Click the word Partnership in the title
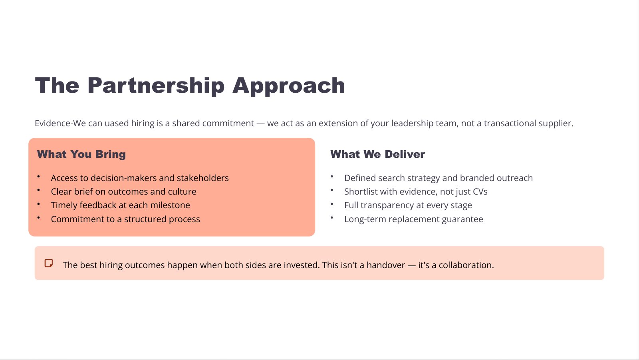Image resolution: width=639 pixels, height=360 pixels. [x=156, y=86]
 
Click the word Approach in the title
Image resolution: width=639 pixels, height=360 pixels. [x=289, y=86]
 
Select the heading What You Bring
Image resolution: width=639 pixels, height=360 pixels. [x=81, y=154]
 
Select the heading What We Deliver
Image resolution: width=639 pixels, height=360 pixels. [x=377, y=154]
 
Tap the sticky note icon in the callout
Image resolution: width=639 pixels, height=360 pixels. [x=49, y=263]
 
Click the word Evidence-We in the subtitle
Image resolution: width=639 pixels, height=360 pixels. [x=60, y=123]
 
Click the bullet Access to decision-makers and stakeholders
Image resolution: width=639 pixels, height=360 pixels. [x=140, y=178]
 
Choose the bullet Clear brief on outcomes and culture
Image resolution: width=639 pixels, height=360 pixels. [x=123, y=191]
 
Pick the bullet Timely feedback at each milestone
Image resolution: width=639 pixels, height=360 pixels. [x=120, y=205]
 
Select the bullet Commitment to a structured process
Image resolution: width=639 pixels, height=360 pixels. [x=125, y=219]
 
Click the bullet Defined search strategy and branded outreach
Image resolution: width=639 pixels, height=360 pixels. [x=439, y=178]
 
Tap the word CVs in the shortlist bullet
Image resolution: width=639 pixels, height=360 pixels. [x=480, y=191]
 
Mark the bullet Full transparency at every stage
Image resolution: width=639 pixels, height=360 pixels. [x=408, y=205]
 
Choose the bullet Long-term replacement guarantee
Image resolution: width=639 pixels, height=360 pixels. [x=414, y=219]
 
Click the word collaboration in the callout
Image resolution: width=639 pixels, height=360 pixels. [x=466, y=265]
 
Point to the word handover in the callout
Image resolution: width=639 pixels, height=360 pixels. [x=386, y=265]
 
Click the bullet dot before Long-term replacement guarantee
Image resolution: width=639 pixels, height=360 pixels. [x=332, y=218]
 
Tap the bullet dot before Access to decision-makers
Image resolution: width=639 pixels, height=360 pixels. [x=38, y=177]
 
